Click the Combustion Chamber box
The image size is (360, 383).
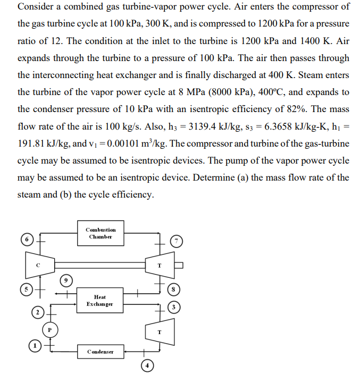101,233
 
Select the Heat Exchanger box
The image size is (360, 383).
99,301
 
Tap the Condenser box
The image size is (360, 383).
101,352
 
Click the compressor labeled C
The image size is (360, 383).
38,265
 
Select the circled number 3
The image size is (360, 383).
173,307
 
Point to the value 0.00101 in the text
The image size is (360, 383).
126,143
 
